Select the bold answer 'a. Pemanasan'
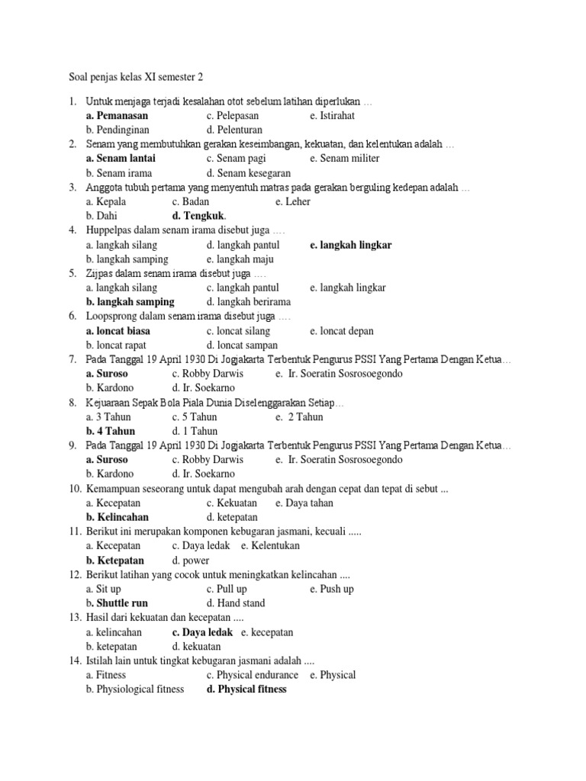point(117,116)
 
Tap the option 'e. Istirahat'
point(332,116)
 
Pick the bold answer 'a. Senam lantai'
point(121,159)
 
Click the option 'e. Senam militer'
point(344,159)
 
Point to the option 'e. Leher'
point(292,202)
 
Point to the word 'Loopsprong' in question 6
point(113,317)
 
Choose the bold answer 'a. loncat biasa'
point(118,331)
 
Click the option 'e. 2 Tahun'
point(301,417)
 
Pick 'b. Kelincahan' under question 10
point(117,517)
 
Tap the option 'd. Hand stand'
point(236,603)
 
